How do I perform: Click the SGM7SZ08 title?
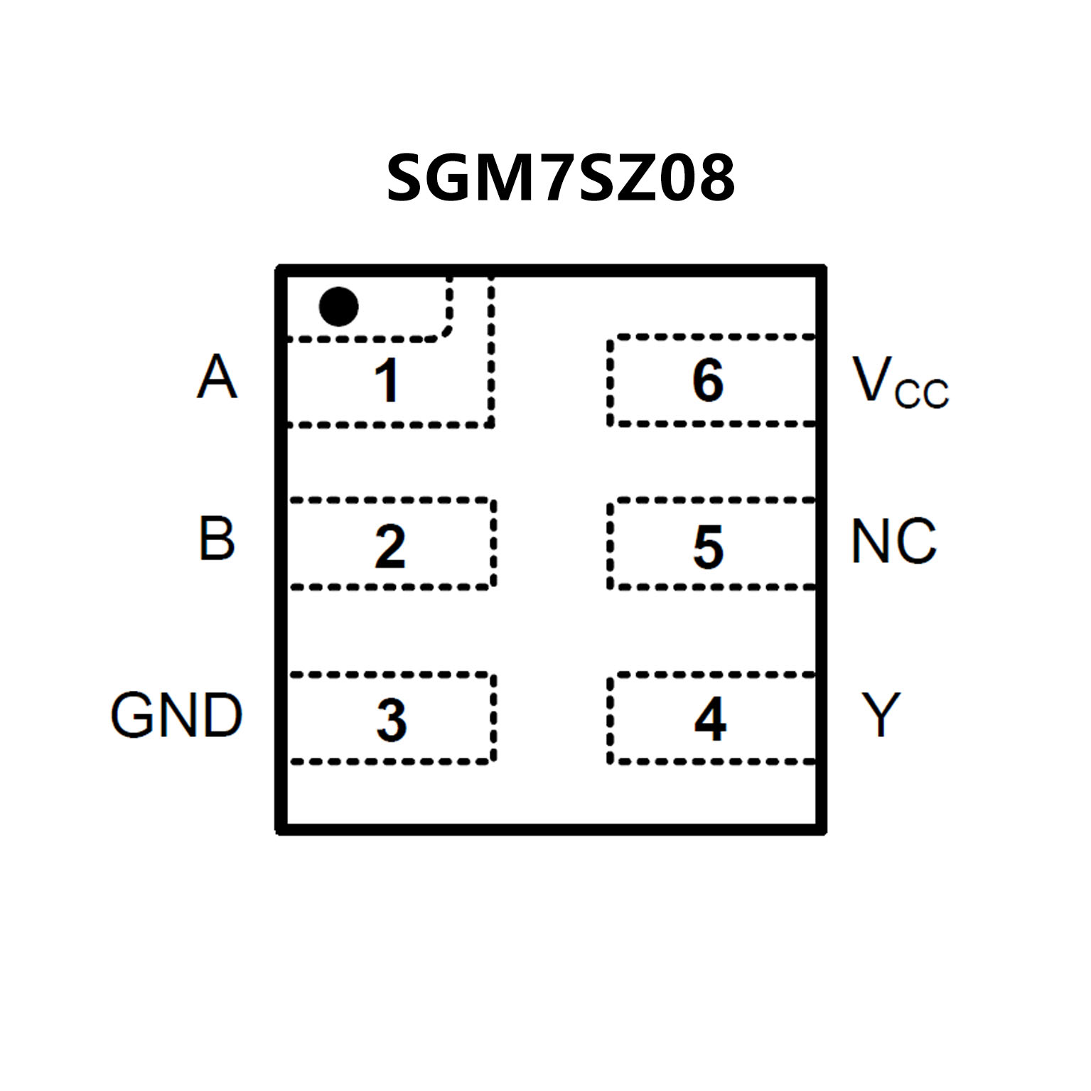tap(560, 178)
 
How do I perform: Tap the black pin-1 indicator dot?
tap(338, 307)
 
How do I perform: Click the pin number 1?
tap(387, 380)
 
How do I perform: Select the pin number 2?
tap(390, 547)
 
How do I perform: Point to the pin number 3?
tap(392, 720)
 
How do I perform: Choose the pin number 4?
tap(710, 719)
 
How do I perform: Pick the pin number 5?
tap(709, 547)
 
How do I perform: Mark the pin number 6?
tap(708, 380)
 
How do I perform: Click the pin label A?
tap(216, 377)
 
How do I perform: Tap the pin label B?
tap(216, 539)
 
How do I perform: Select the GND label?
tap(176, 715)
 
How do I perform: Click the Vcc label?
tap(900, 382)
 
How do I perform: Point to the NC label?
tap(893, 541)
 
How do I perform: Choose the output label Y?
tap(881, 714)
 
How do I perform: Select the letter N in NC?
tap(871, 541)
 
